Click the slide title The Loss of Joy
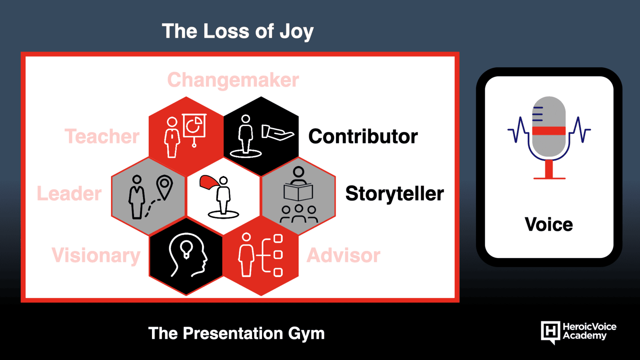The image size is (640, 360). [238, 32]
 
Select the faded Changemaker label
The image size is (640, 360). [233, 80]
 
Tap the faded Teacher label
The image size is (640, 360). [102, 136]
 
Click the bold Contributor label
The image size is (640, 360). [363, 136]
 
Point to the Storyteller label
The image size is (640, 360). [394, 194]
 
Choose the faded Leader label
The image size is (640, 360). [69, 194]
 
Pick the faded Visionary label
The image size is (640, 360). [96, 256]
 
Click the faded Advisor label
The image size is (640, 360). [344, 255]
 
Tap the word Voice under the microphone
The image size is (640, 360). [548, 224]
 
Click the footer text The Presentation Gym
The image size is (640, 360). [236, 334]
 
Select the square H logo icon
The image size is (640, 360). [550, 332]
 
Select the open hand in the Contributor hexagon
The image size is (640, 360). [278, 132]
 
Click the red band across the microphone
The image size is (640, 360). [549, 130]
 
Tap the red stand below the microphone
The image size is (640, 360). [549, 170]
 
